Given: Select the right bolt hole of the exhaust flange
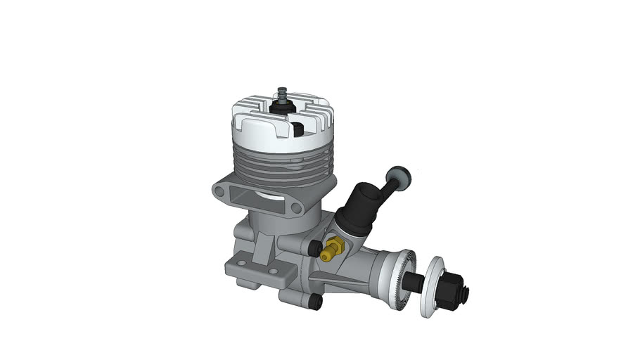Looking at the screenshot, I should click(297, 207).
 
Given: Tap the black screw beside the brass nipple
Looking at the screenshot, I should click(314, 247).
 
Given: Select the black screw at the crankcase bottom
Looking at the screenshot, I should click(314, 302).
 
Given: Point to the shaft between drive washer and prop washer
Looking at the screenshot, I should click(416, 283).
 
